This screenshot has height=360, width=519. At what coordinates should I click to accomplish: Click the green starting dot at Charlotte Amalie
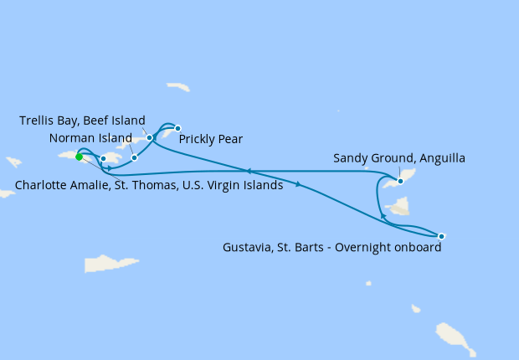pyautogui.click(x=79, y=157)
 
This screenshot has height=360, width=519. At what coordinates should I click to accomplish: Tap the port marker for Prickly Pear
pyautogui.click(x=177, y=128)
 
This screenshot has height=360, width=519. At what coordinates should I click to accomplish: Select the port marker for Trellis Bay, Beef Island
pyautogui.click(x=150, y=137)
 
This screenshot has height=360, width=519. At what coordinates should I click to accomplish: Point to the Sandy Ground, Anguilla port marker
pyautogui.click(x=400, y=181)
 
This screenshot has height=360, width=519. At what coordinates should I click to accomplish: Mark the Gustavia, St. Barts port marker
pyautogui.click(x=441, y=236)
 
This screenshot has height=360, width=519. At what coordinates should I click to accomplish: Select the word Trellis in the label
pyautogui.click(x=39, y=121)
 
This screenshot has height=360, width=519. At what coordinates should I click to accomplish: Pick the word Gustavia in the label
pyautogui.click(x=249, y=248)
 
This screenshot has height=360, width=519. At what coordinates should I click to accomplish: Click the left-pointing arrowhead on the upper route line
pyautogui.click(x=248, y=171)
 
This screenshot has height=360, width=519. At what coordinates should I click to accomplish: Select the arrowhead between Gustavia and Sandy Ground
pyautogui.click(x=383, y=216)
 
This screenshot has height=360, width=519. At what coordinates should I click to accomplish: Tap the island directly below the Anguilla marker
pyautogui.click(x=398, y=206)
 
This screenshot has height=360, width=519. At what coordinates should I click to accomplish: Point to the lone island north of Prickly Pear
pyautogui.click(x=177, y=86)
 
